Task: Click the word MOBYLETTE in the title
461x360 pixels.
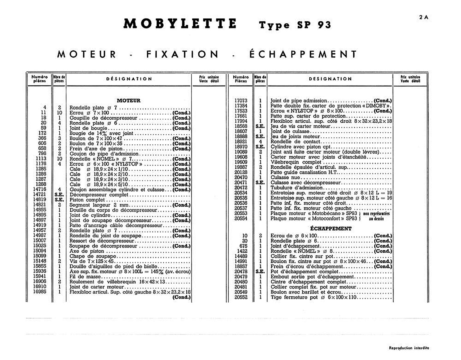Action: (x=180, y=24)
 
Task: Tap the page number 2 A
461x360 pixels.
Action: (x=424, y=17)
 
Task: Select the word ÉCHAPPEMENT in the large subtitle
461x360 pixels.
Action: (x=303, y=54)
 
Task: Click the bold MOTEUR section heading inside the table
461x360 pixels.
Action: (x=129, y=100)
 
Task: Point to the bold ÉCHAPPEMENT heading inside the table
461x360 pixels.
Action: (x=331, y=228)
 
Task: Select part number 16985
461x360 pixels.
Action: (x=40, y=292)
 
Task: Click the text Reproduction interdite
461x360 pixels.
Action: (x=409, y=348)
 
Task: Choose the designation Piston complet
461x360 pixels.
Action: (x=87, y=200)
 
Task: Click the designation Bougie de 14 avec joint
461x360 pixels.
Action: (x=101, y=133)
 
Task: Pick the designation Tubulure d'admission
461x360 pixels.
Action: (x=292, y=187)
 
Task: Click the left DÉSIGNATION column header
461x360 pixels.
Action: (x=129, y=79)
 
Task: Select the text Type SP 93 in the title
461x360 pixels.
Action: (x=295, y=25)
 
